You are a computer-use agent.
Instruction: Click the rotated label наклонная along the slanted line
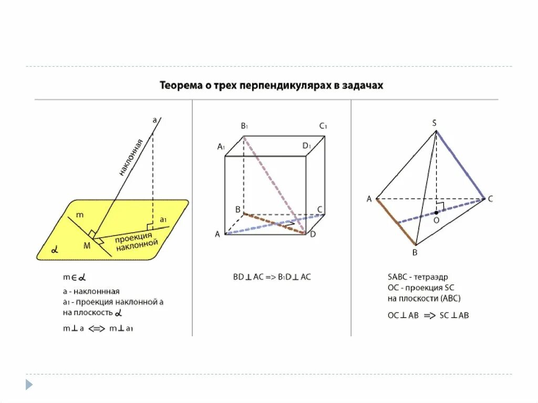click(x=131, y=157)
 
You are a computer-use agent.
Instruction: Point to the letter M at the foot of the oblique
click(x=86, y=245)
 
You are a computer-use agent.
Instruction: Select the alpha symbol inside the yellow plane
click(x=54, y=250)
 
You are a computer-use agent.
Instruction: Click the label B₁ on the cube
click(x=244, y=126)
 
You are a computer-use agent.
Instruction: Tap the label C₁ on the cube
click(x=323, y=126)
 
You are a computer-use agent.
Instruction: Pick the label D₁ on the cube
click(x=307, y=146)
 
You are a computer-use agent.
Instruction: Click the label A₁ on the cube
click(x=221, y=147)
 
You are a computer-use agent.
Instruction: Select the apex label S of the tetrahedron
click(x=434, y=123)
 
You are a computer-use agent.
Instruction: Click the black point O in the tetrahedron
click(x=436, y=212)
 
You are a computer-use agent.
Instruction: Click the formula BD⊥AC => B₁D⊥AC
click(x=272, y=276)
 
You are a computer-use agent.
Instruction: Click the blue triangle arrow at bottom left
click(x=29, y=385)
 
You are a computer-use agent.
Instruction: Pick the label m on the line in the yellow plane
click(x=79, y=214)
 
